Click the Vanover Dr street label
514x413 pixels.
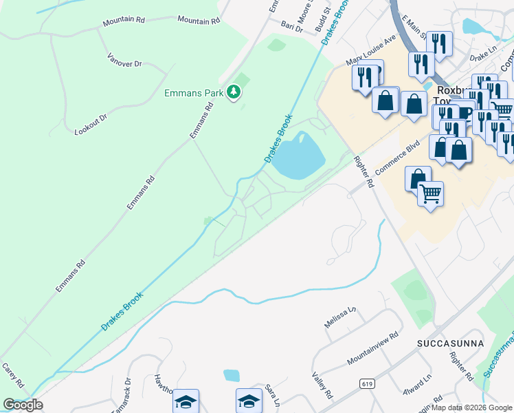124,60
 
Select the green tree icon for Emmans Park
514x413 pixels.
234,92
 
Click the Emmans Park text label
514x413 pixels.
195,92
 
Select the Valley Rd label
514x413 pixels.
322,386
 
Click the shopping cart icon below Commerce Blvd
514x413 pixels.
430,194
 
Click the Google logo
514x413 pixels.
23,405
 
